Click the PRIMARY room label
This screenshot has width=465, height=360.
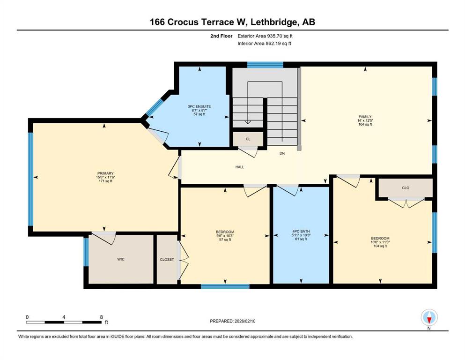pos(105,173)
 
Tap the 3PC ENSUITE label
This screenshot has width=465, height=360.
pos(199,106)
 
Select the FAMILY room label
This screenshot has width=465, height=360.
pos(365,117)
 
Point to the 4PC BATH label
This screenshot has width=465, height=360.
pos(301,232)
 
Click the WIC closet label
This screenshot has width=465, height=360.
pos(121,259)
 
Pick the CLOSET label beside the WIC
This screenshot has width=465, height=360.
pos(167,259)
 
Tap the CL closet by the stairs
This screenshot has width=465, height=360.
pos(248,139)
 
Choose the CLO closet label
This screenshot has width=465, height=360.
pos(406,188)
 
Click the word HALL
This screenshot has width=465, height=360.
pos(240,167)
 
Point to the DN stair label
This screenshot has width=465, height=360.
pos(282,153)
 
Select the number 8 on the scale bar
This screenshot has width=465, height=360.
pos(102,317)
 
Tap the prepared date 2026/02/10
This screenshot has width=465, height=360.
pos(245,321)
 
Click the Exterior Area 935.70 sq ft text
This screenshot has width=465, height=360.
pos(265,36)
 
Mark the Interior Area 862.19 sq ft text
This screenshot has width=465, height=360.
pos(264,43)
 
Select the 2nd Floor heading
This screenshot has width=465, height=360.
pos(221,36)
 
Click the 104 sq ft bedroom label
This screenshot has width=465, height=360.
pos(380,246)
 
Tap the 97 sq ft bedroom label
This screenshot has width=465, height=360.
pos(225,240)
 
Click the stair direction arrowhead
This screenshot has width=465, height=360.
pos(248,122)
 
